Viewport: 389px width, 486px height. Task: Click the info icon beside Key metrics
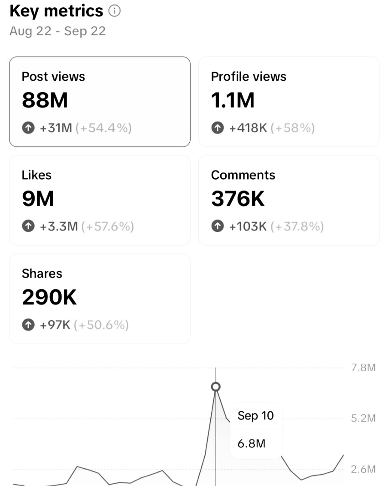[115, 11]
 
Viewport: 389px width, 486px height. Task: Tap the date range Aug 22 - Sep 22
[57, 31]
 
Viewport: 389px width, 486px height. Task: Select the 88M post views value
[45, 100]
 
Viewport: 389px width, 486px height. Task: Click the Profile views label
[249, 77]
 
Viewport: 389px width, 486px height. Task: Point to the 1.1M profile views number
[233, 100]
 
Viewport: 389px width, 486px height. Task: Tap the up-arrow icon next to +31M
[28, 129]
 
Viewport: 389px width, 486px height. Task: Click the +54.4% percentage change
[104, 129]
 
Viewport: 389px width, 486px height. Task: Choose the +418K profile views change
[248, 129]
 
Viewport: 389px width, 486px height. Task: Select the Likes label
[36, 175]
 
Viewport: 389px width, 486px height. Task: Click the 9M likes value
[38, 199]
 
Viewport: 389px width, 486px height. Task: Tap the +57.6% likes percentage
[108, 227]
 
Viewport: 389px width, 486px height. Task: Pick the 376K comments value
[238, 199]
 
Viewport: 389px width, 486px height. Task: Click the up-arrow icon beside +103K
[218, 227]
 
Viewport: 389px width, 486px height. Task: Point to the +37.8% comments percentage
[297, 227]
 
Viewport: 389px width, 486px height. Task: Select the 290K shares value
[49, 297]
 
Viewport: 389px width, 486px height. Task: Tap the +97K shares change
[55, 325]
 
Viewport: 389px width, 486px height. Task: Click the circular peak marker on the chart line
[216, 387]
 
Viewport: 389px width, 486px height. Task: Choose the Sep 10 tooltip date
[255, 416]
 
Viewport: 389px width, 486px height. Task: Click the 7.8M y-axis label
[363, 367]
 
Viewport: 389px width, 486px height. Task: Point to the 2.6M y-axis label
[363, 469]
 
